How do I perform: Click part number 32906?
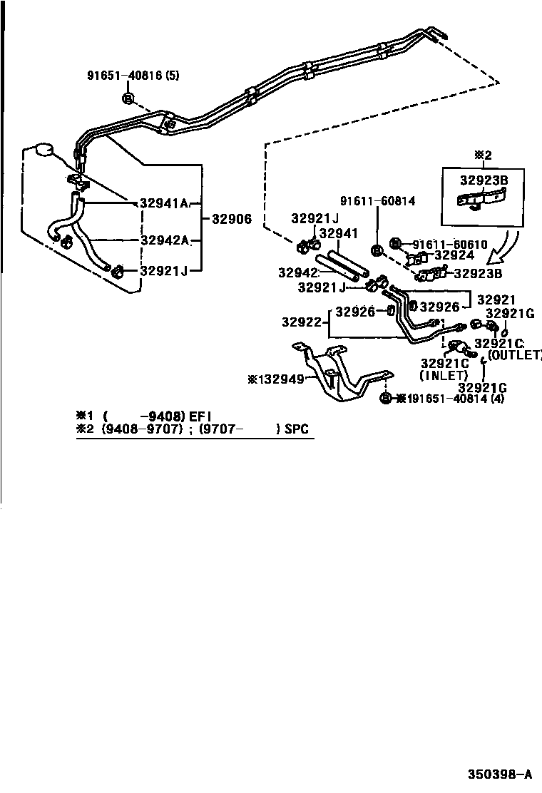tap(230, 220)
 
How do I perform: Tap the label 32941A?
tap(163, 203)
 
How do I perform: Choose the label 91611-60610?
tap(449, 244)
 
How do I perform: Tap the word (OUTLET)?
tap(515, 354)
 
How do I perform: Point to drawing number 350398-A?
tap(499, 774)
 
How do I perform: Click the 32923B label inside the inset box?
tap(484, 181)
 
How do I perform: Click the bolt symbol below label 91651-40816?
tap(128, 98)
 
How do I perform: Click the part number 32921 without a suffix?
tap(496, 300)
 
